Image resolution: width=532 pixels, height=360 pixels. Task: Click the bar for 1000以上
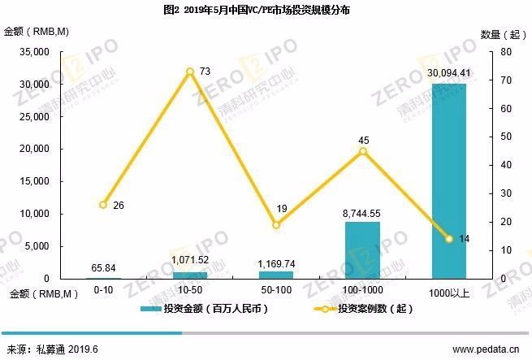(x=448, y=180)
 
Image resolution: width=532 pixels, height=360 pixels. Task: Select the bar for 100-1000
(x=362, y=250)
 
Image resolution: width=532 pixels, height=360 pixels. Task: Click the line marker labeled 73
(x=189, y=72)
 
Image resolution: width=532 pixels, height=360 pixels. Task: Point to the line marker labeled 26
(x=103, y=205)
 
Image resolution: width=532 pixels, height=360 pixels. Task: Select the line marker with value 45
(x=362, y=151)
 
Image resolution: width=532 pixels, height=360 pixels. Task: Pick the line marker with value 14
(x=448, y=239)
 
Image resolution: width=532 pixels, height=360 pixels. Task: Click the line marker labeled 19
(x=275, y=224)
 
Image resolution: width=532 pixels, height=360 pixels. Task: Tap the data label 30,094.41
(x=449, y=74)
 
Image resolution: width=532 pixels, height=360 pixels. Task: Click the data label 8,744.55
(x=362, y=213)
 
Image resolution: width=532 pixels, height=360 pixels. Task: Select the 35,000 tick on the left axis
(x=35, y=52)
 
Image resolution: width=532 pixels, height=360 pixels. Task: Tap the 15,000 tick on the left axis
(x=35, y=181)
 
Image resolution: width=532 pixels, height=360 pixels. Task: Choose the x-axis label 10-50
(x=189, y=289)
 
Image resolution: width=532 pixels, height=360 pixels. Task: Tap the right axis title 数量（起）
(x=499, y=33)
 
